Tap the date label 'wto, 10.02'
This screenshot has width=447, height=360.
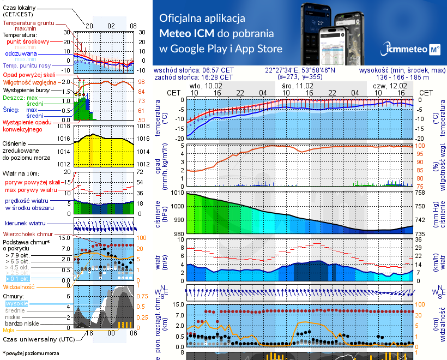pyautogui.click(x=206, y=86)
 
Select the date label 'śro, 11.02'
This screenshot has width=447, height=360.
pyautogui.click(x=298, y=86)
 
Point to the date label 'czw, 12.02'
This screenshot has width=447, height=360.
pyautogui.click(x=390, y=86)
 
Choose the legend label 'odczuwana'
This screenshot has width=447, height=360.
pyautogui.click(x=21, y=54)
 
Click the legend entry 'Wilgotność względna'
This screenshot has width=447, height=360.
pyautogui.click(x=30, y=81)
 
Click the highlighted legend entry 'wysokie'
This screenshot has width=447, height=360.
pyautogui.click(x=16, y=303)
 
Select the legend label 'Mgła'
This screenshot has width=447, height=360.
pyautogui.click(x=9, y=330)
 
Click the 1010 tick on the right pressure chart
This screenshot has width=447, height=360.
pyautogui.click(x=177, y=193)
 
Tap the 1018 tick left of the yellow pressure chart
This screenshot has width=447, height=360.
pyautogui.click(x=64, y=126)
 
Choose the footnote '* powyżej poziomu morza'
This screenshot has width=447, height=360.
pyautogui.click(x=31, y=353)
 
